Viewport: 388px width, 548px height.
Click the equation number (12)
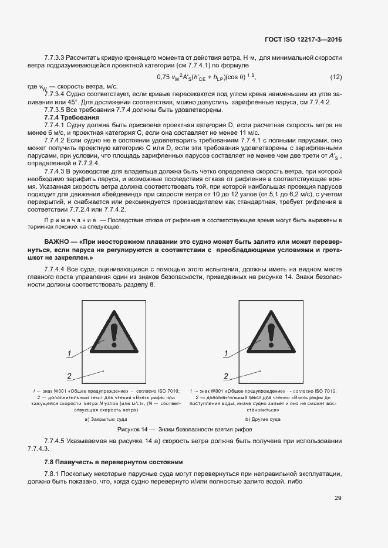[x=336, y=77]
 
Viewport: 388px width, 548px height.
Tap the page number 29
[x=338, y=498]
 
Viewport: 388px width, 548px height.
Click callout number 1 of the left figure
[x=69, y=353]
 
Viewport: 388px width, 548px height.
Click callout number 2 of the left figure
[x=69, y=376]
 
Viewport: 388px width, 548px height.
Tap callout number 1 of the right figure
[x=227, y=353]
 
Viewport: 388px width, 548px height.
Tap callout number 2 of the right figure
[x=227, y=376]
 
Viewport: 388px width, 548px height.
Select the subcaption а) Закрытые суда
[x=106, y=419]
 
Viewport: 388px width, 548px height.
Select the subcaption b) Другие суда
[x=262, y=419]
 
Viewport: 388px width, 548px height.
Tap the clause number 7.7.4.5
[x=56, y=441]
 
